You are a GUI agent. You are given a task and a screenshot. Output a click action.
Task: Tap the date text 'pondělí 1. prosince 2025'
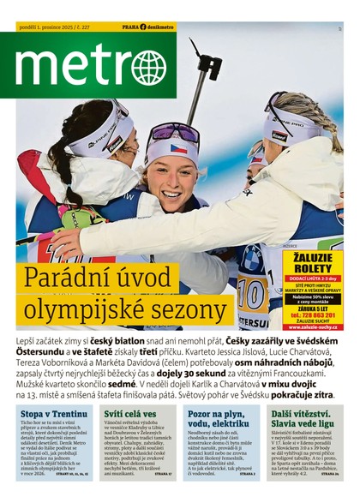49,27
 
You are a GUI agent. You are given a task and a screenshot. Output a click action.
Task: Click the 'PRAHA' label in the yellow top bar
130,27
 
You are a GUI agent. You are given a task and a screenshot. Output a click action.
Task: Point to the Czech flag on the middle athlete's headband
178,148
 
